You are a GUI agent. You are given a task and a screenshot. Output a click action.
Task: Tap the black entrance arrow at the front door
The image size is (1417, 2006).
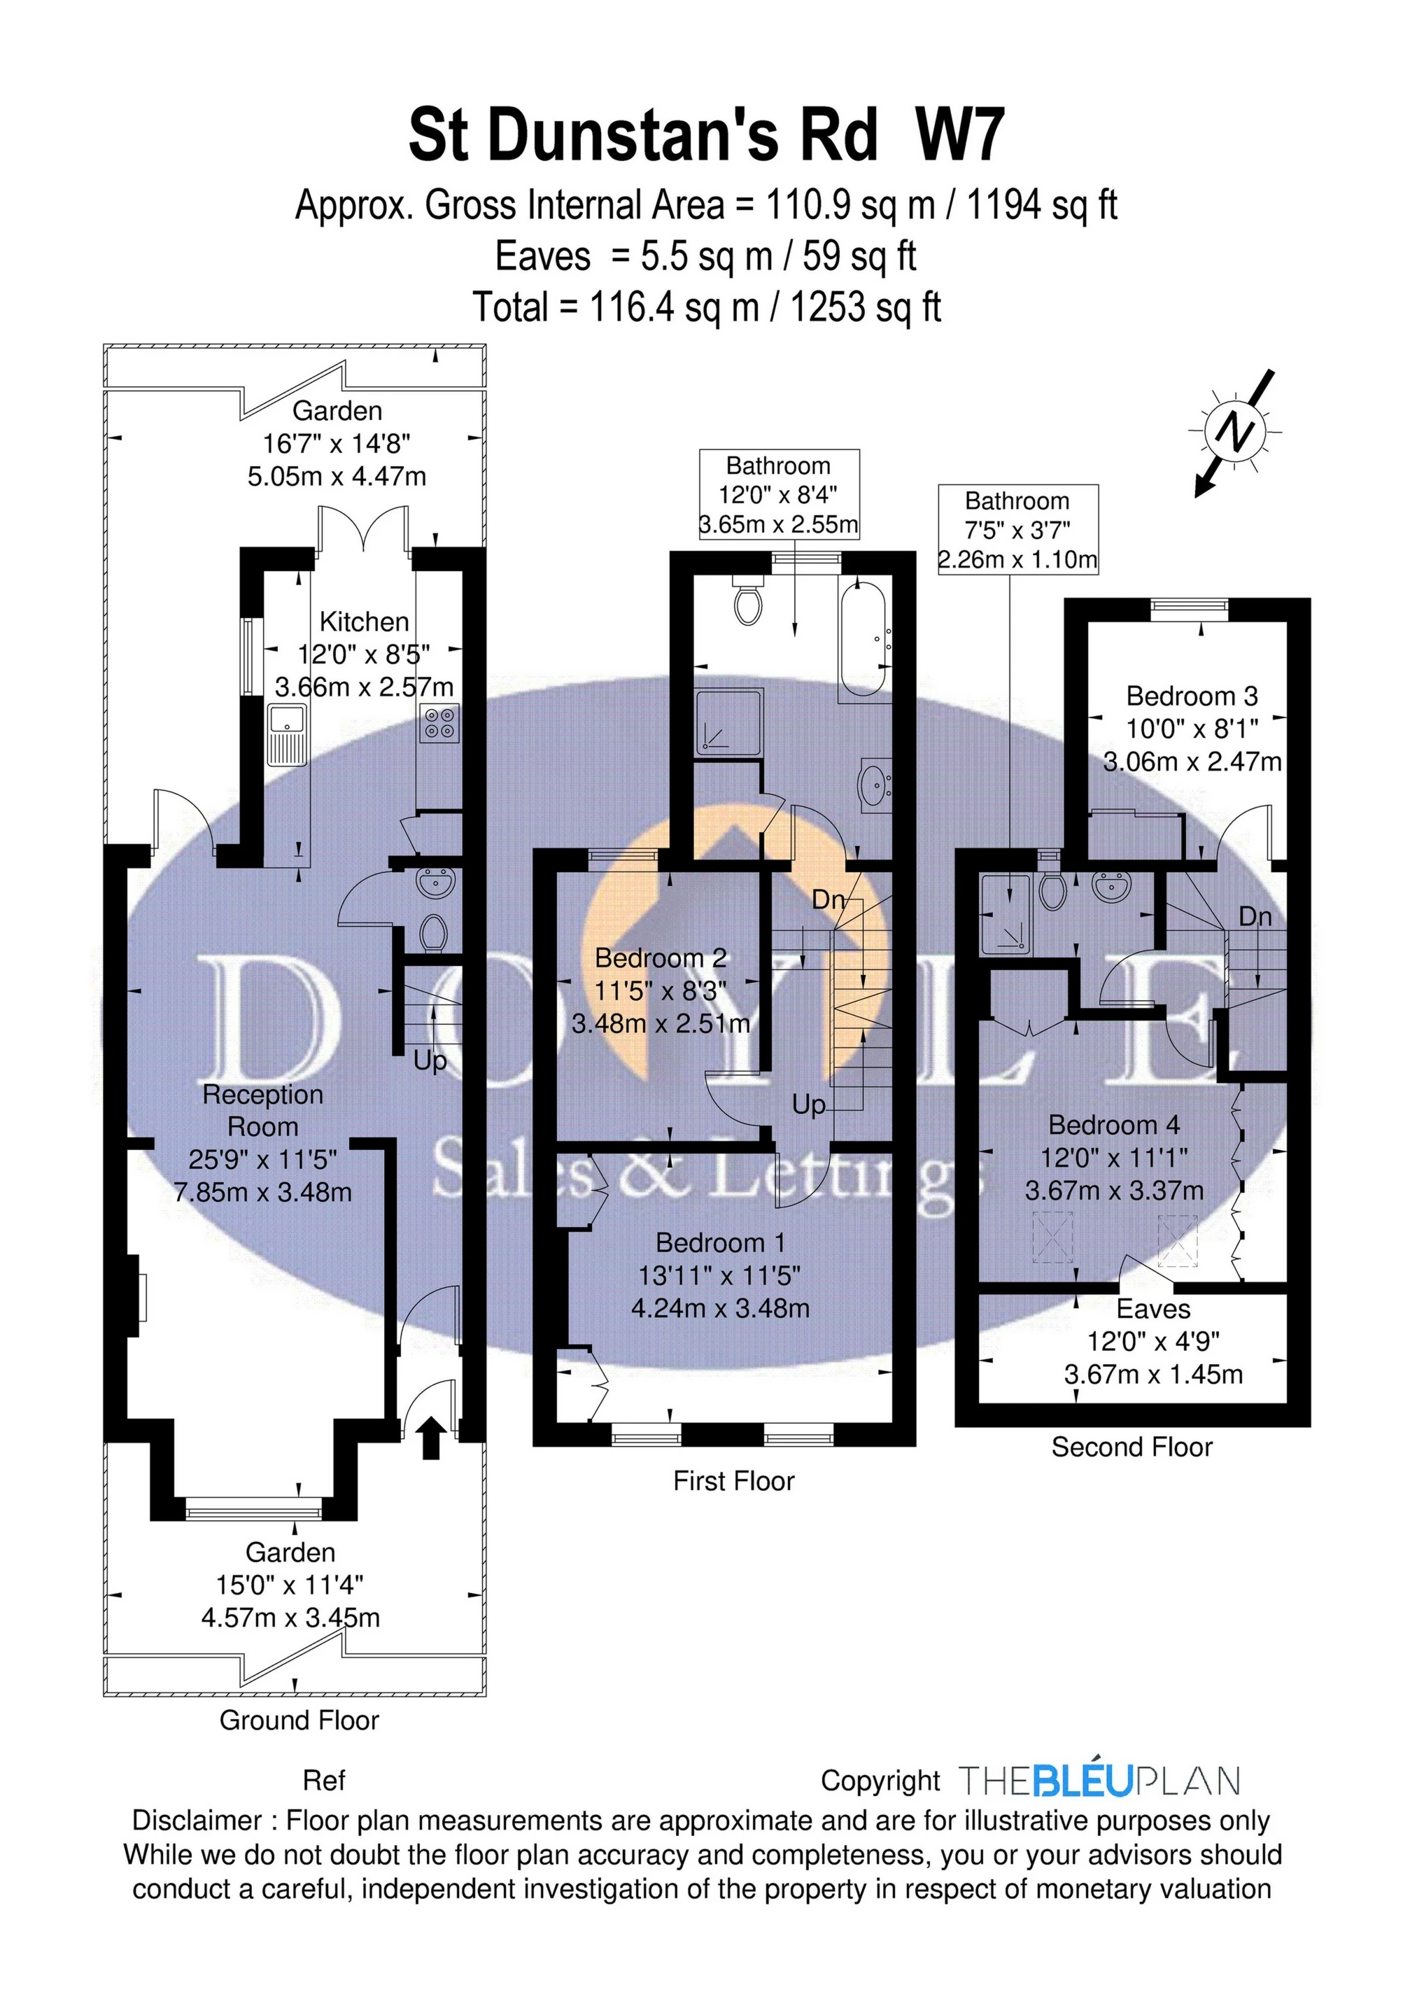430,1438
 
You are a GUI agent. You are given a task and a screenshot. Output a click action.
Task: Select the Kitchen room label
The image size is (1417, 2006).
365,622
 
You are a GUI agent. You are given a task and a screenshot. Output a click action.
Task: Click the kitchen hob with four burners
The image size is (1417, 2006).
439,724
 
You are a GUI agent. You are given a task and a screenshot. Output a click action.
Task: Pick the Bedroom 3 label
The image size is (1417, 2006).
1192,696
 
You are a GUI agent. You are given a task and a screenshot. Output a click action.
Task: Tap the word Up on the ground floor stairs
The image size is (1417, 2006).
430,1062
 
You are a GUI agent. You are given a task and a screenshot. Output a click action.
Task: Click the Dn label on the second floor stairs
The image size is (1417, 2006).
1255,916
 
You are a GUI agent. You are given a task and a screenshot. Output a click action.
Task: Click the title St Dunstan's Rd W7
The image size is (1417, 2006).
707,134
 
